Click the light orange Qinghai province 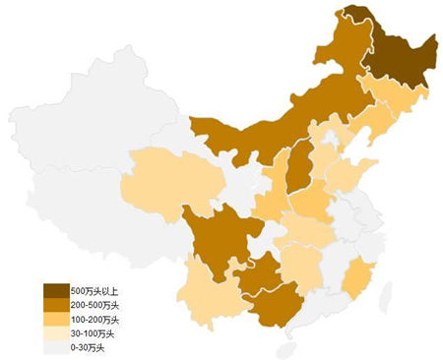click(167, 177)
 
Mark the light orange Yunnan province click(207, 295)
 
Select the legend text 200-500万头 click(95, 306)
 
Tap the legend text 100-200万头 click(95, 320)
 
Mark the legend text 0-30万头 click(90, 347)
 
